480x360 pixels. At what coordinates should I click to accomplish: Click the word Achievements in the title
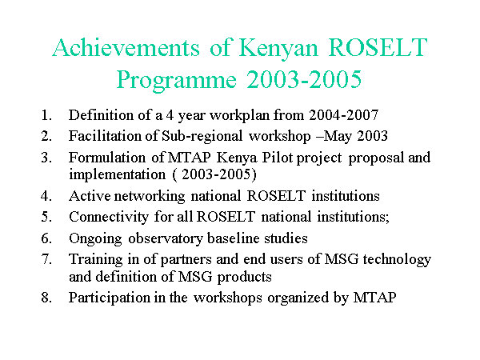(126, 48)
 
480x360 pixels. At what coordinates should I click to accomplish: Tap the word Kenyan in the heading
(278, 49)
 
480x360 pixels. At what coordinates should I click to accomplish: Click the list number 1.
(46, 115)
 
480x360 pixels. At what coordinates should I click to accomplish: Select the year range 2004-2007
(344, 115)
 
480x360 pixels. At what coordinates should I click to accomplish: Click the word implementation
(118, 175)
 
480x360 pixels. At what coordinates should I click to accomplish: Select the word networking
(150, 197)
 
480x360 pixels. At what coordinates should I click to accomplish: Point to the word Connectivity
(109, 218)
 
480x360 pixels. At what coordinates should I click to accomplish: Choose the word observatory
(166, 238)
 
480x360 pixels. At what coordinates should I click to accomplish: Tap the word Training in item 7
(96, 260)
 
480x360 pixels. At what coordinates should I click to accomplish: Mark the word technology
(397, 260)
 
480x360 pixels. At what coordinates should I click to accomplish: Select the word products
(244, 278)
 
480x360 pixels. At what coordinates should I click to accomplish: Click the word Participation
(110, 298)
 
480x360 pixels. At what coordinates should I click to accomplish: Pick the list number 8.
(46, 298)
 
